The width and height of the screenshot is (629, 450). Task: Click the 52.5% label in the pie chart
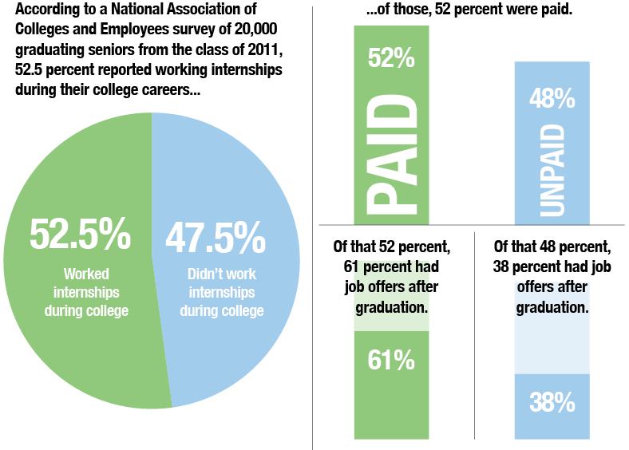pyautogui.click(x=79, y=234)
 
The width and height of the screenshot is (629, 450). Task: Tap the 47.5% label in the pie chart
pyautogui.click(x=215, y=237)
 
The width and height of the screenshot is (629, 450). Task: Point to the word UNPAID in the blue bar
pyautogui.click(x=551, y=172)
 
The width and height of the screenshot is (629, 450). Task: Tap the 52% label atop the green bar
pyautogui.click(x=391, y=57)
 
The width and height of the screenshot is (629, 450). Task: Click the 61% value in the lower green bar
pyautogui.click(x=391, y=361)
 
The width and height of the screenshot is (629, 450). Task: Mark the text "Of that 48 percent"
pyautogui.click(x=552, y=246)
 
